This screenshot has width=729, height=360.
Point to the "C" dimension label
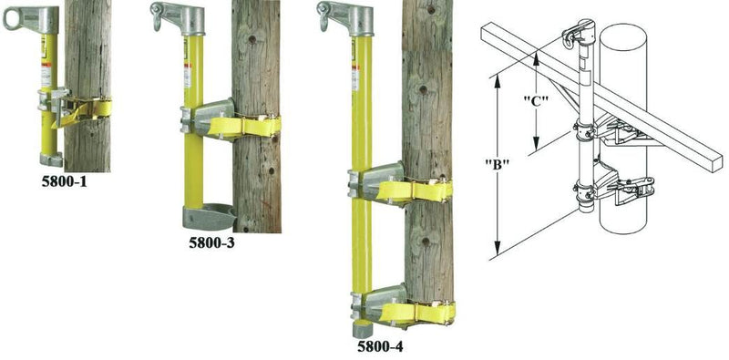click(536, 101)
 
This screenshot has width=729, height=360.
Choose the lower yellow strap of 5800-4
click(415, 313)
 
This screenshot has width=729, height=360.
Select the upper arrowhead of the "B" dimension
click(498, 79)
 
